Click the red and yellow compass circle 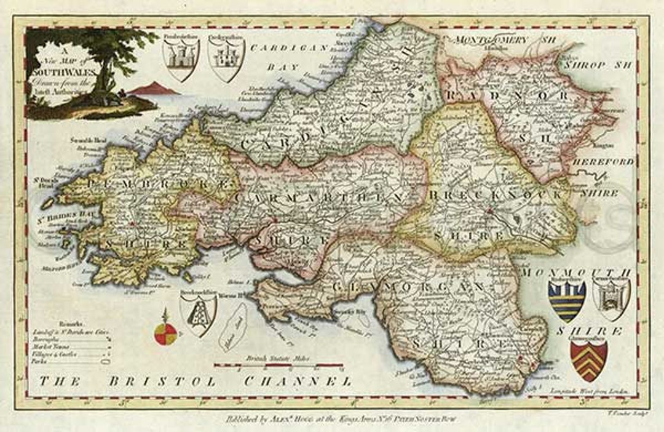coord(165,333)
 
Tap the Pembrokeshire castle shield coord(181,59)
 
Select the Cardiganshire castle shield coord(226,59)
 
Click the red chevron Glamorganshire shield coord(588,360)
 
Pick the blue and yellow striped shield coord(566,300)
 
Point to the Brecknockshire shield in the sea coord(198,314)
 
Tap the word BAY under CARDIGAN coord(285,66)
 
